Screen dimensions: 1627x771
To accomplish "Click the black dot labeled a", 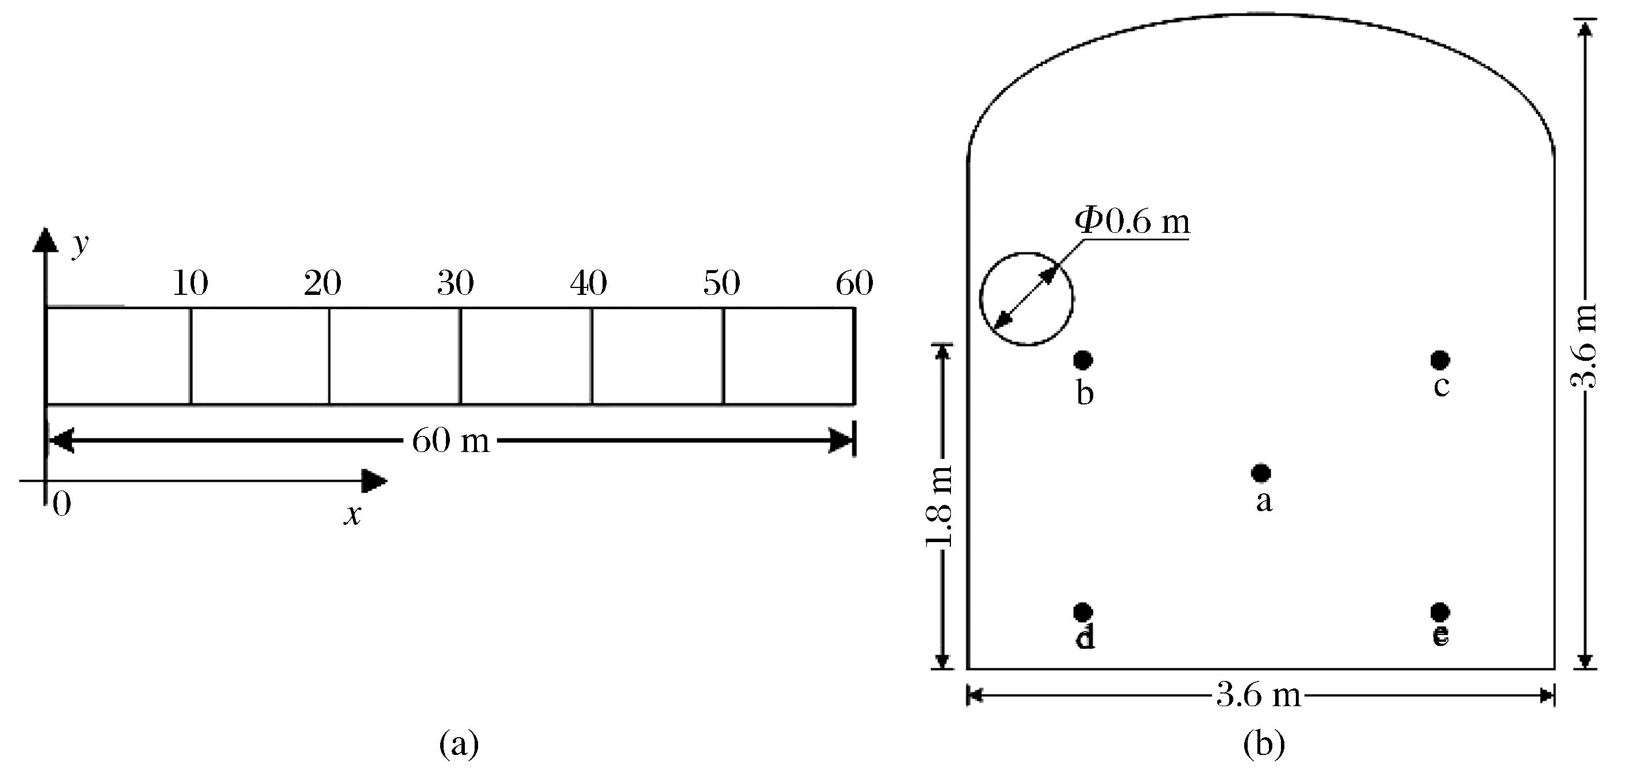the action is coord(1261,472).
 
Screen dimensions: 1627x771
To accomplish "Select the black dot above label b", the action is coord(1082,360).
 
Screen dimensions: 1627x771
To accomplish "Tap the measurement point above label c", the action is coord(1440,360).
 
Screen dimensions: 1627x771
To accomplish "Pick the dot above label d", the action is coord(1082,612).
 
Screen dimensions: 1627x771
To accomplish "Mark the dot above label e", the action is coord(1440,612).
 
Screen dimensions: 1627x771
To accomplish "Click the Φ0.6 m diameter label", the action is coord(1132,221).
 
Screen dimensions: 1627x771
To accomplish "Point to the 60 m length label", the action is coord(451,440).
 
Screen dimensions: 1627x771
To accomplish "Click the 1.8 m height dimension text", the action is coord(939,507).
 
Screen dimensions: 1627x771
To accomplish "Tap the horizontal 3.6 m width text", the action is coord(1259,695).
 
